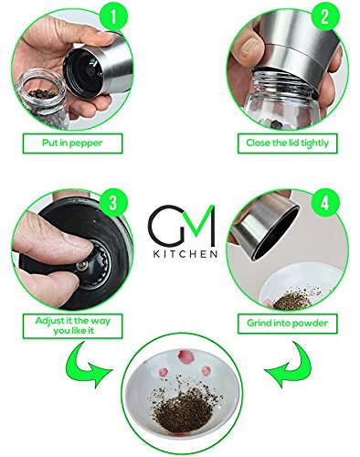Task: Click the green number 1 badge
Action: point(112,16)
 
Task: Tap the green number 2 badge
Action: point(324,16)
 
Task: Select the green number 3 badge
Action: point(112,202)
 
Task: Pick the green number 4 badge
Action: point(325,202)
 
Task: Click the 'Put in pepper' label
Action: point(72,143)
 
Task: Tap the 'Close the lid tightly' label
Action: point(288,143)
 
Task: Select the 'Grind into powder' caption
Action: point(288,324)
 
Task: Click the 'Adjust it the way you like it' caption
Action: point(72,325)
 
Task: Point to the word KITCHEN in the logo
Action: point(185,254)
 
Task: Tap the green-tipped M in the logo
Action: point(199,227)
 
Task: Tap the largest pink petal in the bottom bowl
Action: point(185,356)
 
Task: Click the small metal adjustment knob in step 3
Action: point(81,265)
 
